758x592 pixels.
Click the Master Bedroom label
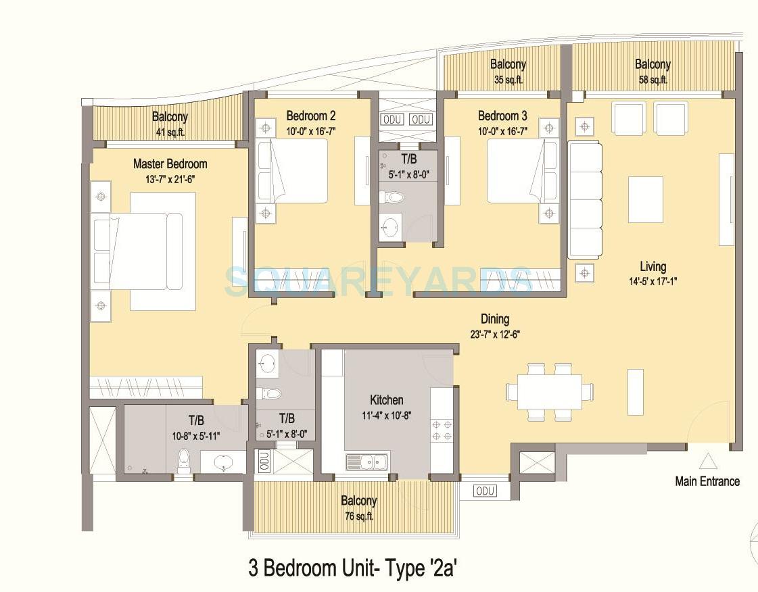click(170, 164)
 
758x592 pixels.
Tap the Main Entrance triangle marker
click(707, 462)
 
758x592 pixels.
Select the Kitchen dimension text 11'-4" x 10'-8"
click(386, 415)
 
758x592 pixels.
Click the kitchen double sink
click(366, 462)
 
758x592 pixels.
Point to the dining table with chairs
click(550, 392)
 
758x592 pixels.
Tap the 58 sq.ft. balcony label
click(653, 79)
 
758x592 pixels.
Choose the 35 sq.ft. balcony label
click(508, 79)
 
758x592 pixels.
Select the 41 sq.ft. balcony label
click(170, 132)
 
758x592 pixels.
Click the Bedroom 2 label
click(310, 115)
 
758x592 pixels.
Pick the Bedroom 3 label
click(502, 115)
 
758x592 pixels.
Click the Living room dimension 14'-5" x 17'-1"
click(653, 281)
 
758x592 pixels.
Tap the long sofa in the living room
click(584, 199)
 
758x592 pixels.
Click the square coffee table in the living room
click(645, 199)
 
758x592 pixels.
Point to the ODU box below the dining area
click(484, 491)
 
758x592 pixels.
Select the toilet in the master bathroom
click(182, 461)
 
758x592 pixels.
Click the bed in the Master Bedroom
click(139, 251)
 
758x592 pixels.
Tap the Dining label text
click(494, 319)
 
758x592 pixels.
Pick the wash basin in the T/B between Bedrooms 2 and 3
click(389, 226)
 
